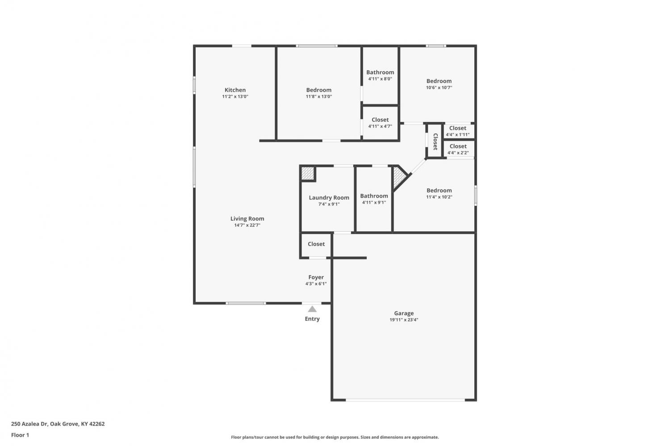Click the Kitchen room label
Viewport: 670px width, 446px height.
[235, 90]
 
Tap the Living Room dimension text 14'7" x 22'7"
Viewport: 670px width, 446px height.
[247, 225]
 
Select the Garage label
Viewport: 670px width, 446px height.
[404, 313]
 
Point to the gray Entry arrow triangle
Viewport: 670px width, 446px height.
[312, 309]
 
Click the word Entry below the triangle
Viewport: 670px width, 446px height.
[312, 319]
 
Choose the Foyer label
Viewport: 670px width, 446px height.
[316, 277]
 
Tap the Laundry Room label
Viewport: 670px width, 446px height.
[329, 198]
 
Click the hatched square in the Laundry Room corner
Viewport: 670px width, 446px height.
[307, 173]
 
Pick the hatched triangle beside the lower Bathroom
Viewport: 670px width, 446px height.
[399, 177]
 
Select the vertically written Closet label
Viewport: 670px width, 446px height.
[435, 142]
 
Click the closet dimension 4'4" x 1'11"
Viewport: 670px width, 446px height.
[458, 134]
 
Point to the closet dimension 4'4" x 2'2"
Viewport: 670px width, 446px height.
[458, 153]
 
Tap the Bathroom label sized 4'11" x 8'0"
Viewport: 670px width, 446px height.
[380, 72]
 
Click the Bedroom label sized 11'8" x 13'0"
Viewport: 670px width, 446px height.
[319, 90]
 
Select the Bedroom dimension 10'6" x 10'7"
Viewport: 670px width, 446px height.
[439, 88]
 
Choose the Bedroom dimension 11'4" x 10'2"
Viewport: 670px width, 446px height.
[439, 197]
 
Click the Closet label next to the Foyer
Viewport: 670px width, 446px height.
[316, 244]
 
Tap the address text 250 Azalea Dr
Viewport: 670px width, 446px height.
[29, 424]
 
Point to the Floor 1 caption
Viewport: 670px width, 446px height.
[20, 435]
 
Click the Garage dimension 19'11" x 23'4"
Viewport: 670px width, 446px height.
[404, 320]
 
